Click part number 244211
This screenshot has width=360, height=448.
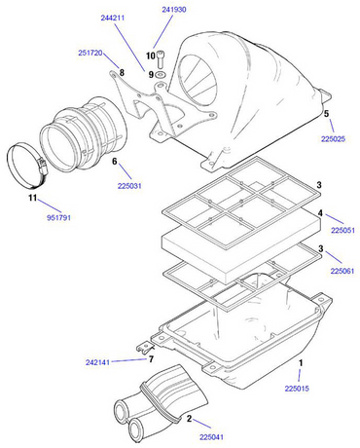111,18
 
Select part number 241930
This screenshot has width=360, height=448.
173,9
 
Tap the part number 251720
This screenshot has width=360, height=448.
90,54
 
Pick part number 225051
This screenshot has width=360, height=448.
343,231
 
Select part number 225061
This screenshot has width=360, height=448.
343,269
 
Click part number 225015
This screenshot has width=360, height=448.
297,389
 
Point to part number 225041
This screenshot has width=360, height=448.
212,437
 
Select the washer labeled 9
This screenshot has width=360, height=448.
162,74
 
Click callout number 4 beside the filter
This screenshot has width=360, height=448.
318,213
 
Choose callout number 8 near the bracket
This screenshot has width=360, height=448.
122,71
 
